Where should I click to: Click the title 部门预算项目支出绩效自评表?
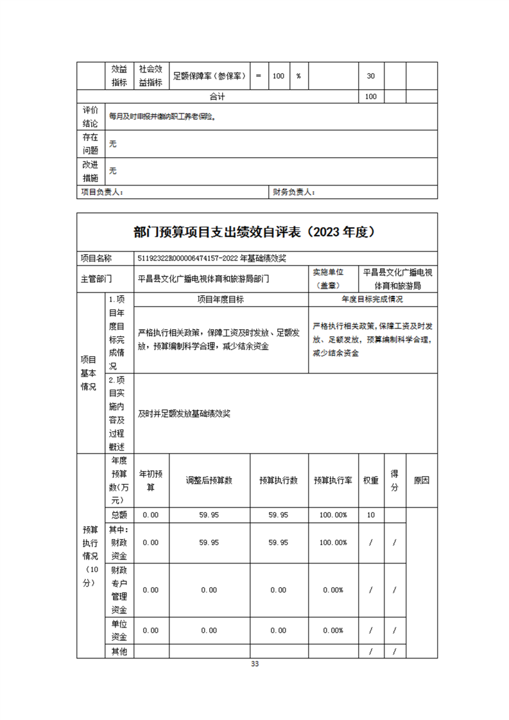pos(254,232)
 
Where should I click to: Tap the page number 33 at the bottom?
pos(255,664)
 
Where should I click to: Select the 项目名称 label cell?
pos(96,258)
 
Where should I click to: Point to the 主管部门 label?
pos(96,279)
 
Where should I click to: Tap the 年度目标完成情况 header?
pos(372,300)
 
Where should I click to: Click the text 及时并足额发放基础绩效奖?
pos(184,414)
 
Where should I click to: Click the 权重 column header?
pos(370,480)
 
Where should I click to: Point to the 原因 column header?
pos(421,480)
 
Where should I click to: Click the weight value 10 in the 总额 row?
pos(370,515)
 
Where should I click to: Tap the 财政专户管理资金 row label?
pos(119,590)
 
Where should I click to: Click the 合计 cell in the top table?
pos(218,96)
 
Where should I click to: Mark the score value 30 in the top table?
pos(370,76)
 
